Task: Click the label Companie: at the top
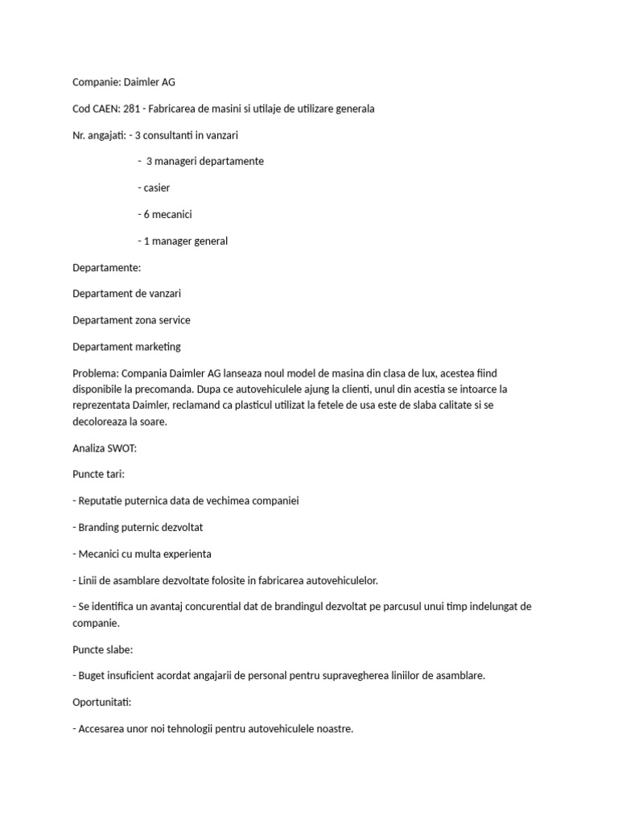click(x=95, y=81)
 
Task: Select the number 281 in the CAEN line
click(x=134, y=108)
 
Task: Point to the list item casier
click(x=154, y=187)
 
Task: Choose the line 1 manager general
click(x=183, y=241)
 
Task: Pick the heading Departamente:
click(x=106, y=267)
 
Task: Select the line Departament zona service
click(x=131, y=320)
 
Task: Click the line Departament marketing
click(x=126, y=347)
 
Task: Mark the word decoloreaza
click(x=101, y=420)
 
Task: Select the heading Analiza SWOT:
click(x=105, y=447)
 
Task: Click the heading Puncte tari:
click(x=98, y=474)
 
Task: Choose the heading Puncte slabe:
click(x=102, y=649)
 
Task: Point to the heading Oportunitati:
click(x=104, y=702)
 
